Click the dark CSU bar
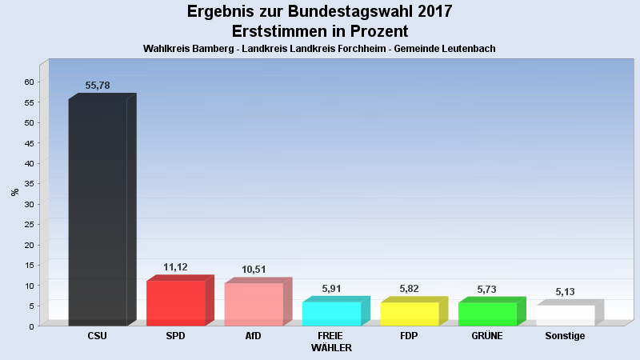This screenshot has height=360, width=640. [98, 212]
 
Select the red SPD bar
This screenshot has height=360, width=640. [175, 303]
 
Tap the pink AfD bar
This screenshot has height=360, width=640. [254, 305]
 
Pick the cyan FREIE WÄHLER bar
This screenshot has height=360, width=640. [331, 314]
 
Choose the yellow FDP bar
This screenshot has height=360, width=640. [410, 314]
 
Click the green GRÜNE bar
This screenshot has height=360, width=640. [487, 314]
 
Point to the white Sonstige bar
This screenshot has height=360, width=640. [566, 315]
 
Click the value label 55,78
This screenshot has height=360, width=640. [98, 85]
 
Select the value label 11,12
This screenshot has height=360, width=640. [175, 267]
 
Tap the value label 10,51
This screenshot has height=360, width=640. [254, 270]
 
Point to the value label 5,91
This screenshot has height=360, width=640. [331, 288]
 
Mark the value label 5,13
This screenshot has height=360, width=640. [566, 292]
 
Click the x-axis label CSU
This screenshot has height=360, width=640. [98, 336]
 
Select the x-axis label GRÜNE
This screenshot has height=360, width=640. [487, 336]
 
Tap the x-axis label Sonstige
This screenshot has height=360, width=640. [566, 336]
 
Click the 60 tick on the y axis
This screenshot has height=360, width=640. [29, 82]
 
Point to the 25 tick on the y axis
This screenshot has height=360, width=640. [29, 224]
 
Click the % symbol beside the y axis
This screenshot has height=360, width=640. [14, 192]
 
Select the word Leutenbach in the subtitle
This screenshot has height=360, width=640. [469, 49]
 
